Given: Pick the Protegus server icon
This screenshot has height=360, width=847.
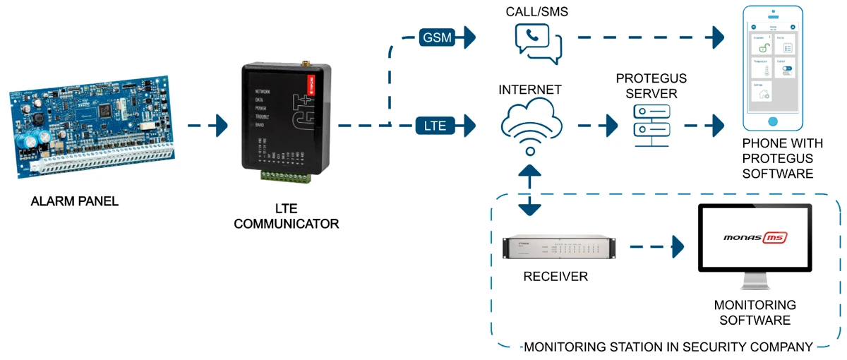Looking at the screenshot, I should (x=651, y=125).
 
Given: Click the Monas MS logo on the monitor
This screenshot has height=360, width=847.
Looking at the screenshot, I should (x=755, y=239).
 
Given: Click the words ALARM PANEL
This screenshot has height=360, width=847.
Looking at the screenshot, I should (x=75, y=202).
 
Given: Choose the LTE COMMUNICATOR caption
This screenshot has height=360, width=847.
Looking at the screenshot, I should (x=287, y=217).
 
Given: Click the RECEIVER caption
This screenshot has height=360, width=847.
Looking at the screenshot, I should (x=555, y=277).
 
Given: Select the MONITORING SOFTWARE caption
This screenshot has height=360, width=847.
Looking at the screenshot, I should (x=755, y=313).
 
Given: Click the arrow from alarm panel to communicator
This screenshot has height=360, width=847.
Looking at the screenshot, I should (x=208, y=126).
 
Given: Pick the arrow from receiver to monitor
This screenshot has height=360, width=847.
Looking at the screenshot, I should (x=656, y=247).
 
